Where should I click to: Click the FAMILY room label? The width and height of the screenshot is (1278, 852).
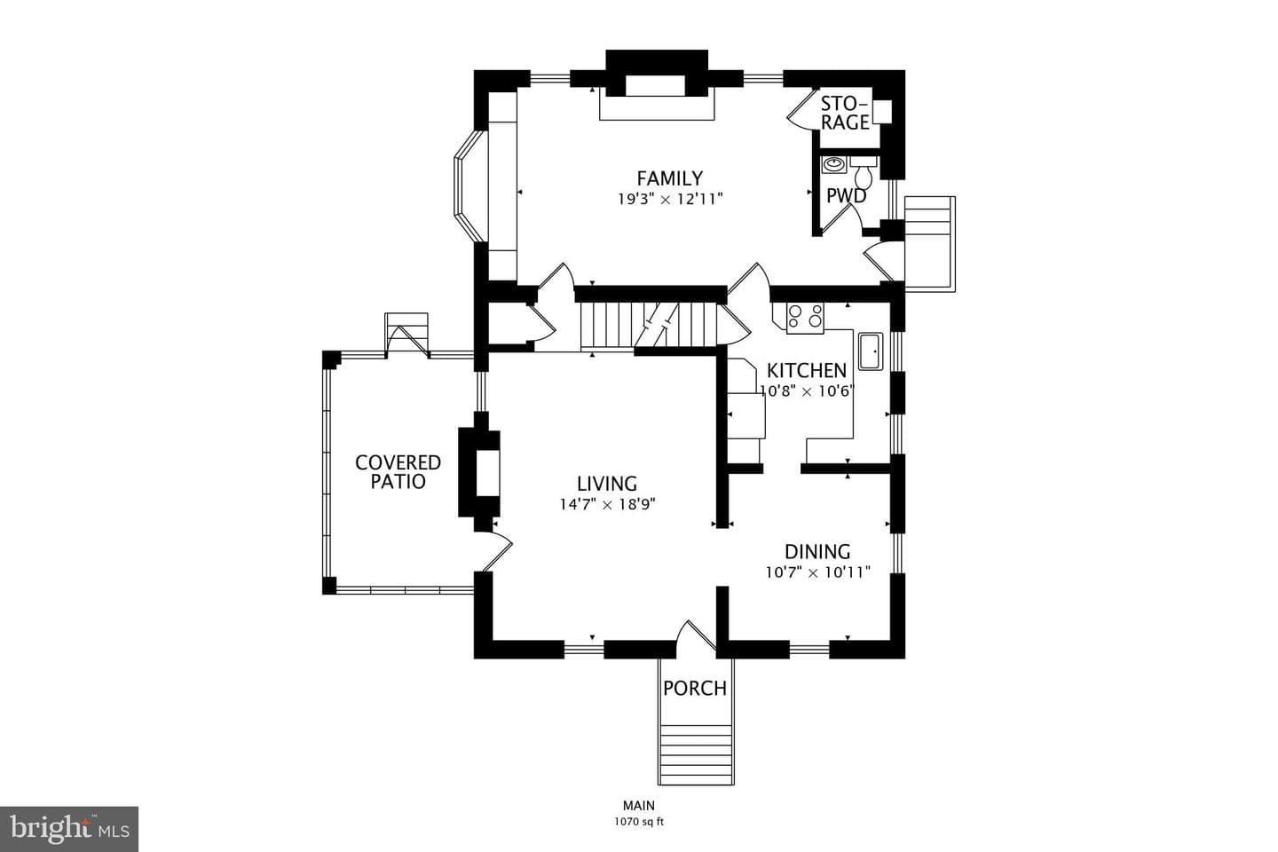[670, 178]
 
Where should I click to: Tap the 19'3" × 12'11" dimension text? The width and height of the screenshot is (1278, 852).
[670, 199]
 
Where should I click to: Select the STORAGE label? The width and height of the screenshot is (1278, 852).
[845, 113]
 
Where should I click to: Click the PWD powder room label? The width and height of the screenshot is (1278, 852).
[846, 196]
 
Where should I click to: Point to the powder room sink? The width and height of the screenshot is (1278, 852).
[834, 164]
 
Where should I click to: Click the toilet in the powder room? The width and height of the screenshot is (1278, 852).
[864, 173]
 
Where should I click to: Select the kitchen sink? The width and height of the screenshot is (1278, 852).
[871, 351]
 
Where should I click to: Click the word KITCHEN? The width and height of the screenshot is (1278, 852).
[806, 371]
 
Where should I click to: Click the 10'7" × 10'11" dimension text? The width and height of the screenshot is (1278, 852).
[817, 572]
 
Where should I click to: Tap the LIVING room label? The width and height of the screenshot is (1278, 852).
[607, 484]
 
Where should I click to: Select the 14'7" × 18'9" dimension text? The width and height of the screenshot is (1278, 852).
[607, 504]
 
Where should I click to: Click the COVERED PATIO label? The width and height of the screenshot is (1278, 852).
[398, 472]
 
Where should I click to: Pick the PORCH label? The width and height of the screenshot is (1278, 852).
[695, 689]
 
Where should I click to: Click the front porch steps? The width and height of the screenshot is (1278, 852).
[696, 754]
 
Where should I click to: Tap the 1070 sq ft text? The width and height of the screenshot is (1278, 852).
[639, 823]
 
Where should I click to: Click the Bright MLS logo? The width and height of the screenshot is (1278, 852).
[69, 829]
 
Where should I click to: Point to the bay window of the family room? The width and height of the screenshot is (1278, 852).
[470, 185]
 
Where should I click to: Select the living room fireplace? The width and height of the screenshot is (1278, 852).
[479, 474]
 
